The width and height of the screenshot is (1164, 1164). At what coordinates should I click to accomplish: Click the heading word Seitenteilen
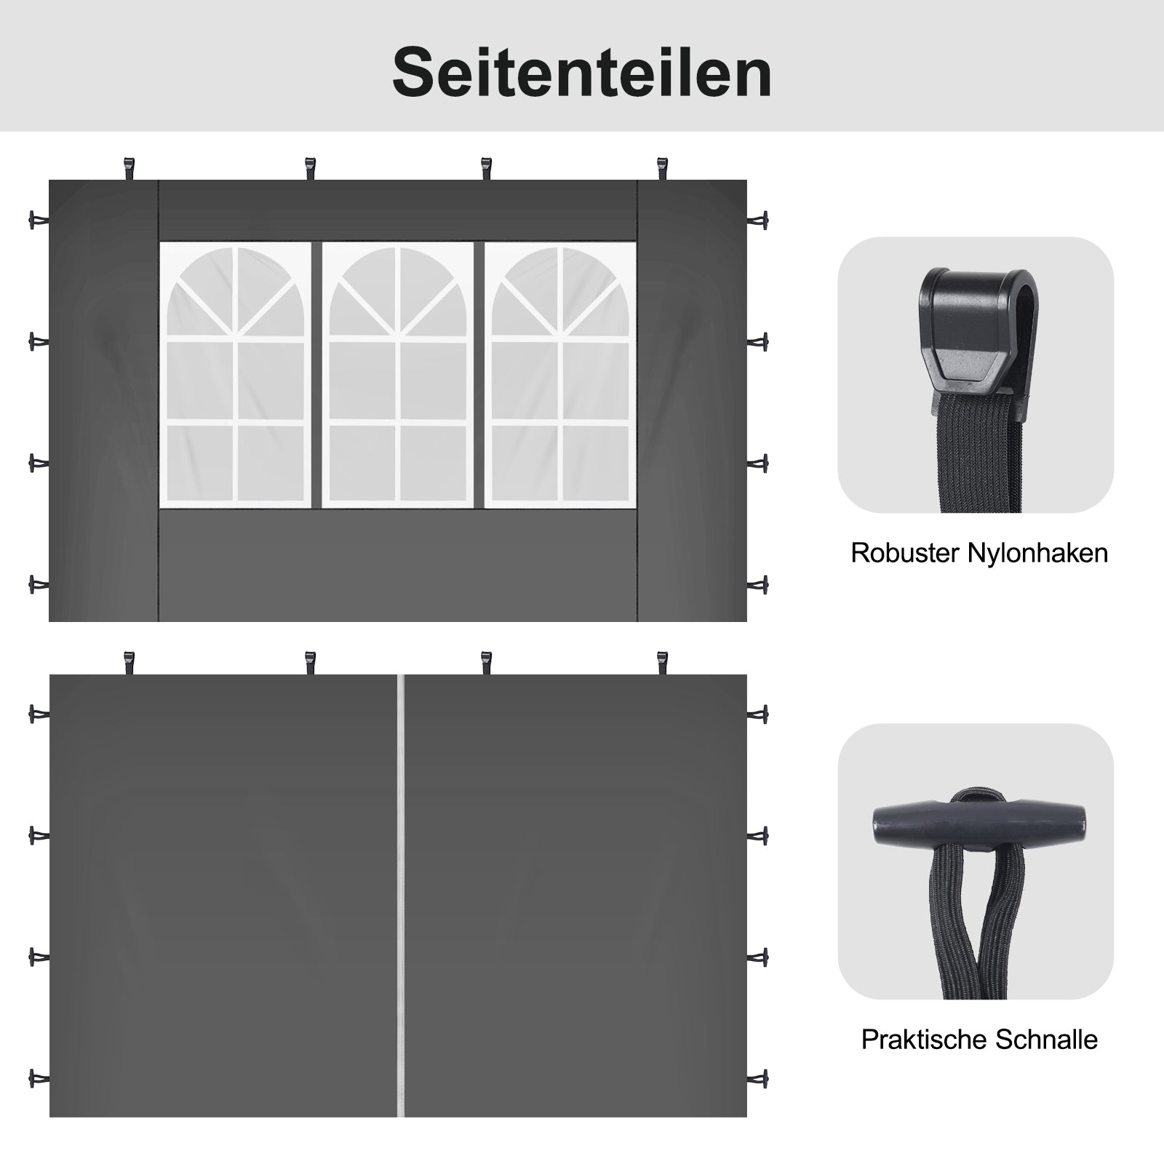pos(582,73)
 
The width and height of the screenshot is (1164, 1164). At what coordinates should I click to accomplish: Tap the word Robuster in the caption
pos(905,553)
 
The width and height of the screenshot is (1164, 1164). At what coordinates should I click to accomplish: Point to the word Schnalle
pos(1047,1040)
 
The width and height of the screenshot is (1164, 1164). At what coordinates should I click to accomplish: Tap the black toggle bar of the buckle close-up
pos(979,824)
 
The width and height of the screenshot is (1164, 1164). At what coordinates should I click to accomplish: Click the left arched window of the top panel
pos(236,375)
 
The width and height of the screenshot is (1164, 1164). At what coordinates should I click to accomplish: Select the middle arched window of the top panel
pos(398,375)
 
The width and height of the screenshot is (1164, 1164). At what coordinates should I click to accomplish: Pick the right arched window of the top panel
pos(560,375)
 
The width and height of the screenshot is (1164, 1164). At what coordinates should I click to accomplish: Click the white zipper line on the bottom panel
pos(400,896)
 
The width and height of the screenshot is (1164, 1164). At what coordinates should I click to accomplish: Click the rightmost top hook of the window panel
pos(662,170)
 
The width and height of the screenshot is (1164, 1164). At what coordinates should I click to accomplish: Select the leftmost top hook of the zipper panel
pos(130,663)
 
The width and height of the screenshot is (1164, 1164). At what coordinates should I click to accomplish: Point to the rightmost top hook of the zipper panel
pos(662,663)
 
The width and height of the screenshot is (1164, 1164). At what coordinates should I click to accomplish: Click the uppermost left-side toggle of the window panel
pos(39,220)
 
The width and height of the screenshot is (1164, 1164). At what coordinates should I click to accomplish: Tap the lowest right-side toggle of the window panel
pos(757,584)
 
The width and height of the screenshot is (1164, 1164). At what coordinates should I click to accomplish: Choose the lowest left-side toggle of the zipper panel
pos(39,1077)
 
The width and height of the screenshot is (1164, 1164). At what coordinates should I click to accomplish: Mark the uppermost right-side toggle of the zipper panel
pos(757,714)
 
